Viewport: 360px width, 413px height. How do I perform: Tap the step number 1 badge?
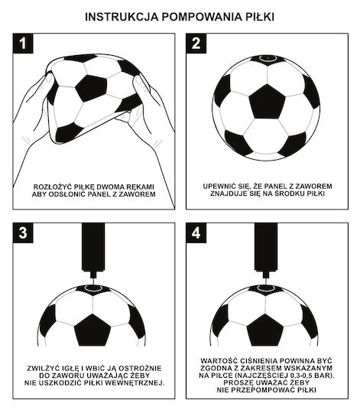click(23, 44)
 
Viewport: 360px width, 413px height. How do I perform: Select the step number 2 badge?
click(196, 44)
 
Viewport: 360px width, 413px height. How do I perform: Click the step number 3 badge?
click(23, 233)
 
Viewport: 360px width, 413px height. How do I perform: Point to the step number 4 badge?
click(196, 233)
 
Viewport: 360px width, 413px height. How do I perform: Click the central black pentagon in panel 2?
click(267, 102)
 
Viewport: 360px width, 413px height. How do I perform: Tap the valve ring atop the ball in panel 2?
click(268, 58)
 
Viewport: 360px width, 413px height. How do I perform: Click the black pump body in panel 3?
click(93, 247)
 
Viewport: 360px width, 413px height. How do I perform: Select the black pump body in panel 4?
click(266, 247)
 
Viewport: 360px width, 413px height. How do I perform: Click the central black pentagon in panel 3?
click(92, 330)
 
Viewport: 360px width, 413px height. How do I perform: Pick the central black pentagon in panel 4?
click(265, 330)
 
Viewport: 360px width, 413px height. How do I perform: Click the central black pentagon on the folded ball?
click(92, 88)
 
